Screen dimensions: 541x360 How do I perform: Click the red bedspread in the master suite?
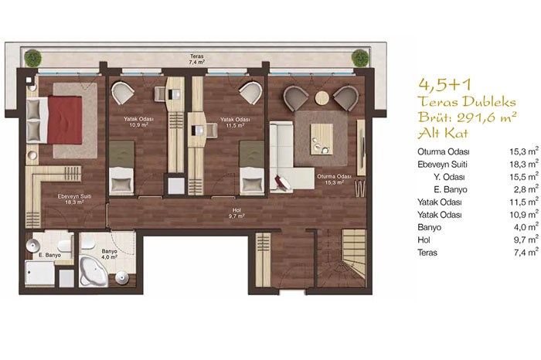[x=65, y=120]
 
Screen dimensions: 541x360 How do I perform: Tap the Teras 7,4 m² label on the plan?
[x=196, y=59]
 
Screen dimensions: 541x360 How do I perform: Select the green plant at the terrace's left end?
[x=32, y=58]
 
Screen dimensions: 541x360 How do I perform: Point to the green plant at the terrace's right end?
[x=360, y=58]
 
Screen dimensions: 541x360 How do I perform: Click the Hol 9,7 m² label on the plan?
[x=236, y=213]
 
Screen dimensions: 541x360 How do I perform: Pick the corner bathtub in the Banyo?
[x=94, y=271]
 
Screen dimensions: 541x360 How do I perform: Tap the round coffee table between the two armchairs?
[x=322, y=98]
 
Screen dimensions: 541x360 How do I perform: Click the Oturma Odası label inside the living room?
[x=334, y=176]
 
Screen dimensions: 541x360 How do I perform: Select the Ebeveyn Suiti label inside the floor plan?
[x=74, y=196]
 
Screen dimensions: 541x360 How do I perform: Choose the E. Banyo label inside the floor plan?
[x=49, y=255]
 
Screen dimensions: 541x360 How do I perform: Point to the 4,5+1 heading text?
[x=444, y=85]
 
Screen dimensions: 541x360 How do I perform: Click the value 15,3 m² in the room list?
[x=524, y=151]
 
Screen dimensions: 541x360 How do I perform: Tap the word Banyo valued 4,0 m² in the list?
[x=429, y=227]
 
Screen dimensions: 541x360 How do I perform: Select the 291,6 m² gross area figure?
[x=486, y=117]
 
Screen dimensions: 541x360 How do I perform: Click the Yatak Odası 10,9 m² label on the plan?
[x=138, y=122]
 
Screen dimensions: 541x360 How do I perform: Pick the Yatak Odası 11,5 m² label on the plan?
[x=235, y=122]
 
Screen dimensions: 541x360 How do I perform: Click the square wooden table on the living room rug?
[x=322, y=139]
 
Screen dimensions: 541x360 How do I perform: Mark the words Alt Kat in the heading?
[x=443, y=133]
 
